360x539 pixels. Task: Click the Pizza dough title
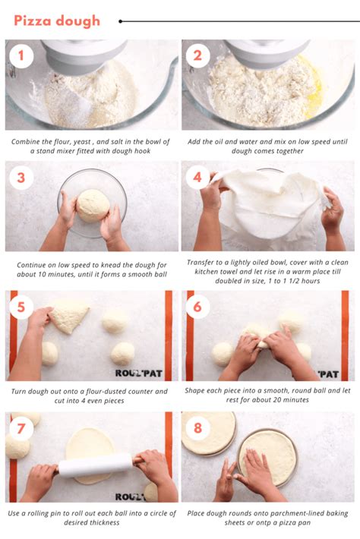57,20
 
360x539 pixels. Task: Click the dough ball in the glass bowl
93,205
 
